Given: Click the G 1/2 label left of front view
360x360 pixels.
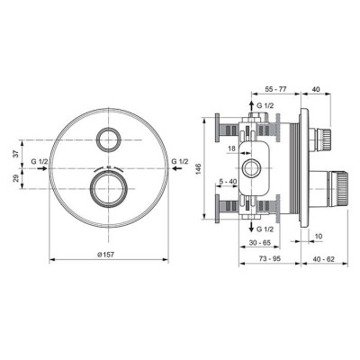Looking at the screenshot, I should click(41, 163).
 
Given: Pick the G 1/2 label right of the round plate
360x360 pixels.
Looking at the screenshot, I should click(180, 163).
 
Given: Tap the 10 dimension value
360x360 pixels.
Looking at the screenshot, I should click(319, 238).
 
